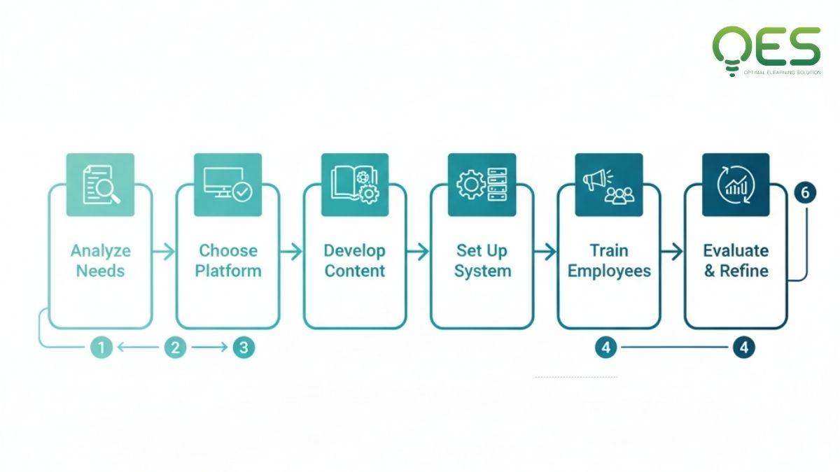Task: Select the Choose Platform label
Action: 228,261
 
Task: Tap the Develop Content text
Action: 355,261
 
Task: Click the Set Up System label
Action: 482,261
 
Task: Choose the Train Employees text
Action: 609,261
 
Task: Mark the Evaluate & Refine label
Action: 736,261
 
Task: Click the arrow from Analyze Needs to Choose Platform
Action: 164,252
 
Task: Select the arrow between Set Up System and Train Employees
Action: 545,252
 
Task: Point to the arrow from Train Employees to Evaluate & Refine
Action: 672,252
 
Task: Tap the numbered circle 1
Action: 101,348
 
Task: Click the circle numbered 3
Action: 242,348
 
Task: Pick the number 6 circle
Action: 805,193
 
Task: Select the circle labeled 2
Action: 176,348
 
